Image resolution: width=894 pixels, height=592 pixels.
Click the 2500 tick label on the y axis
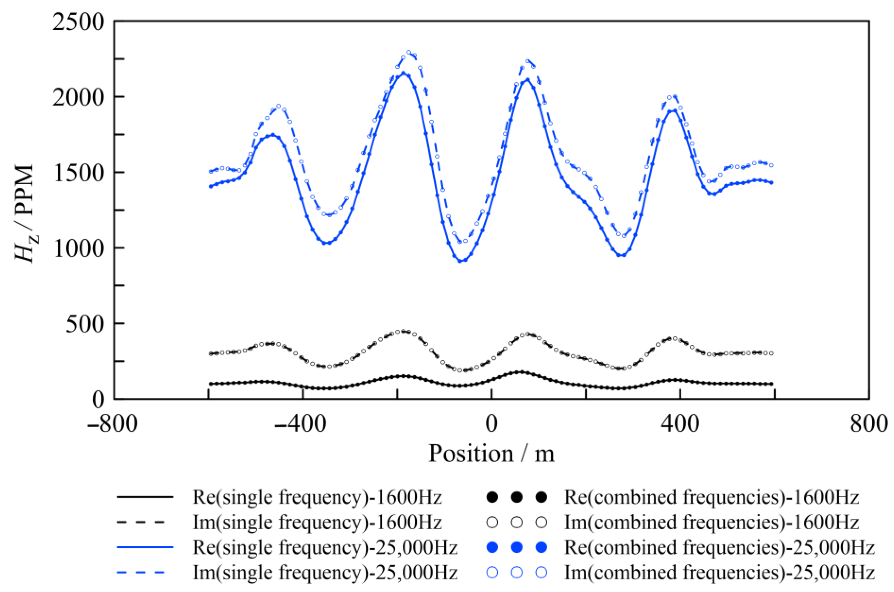(78, 23)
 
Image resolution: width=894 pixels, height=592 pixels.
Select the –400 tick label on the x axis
(300, 424)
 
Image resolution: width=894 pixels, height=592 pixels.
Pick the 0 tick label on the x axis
(491, 424)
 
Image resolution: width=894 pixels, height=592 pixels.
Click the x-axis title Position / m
(491, 453)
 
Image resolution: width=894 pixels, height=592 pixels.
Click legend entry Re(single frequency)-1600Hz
(317, 498)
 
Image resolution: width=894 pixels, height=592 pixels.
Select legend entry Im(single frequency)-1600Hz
(317, 522)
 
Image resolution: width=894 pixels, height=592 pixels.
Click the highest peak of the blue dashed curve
(409, 52)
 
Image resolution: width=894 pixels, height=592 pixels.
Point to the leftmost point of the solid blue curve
(211, 186)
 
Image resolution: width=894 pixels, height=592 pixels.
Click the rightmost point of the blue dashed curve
(771, 165)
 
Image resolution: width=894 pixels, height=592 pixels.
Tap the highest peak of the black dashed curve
(404, 331)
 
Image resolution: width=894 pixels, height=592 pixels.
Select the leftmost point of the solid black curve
(211, 384)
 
